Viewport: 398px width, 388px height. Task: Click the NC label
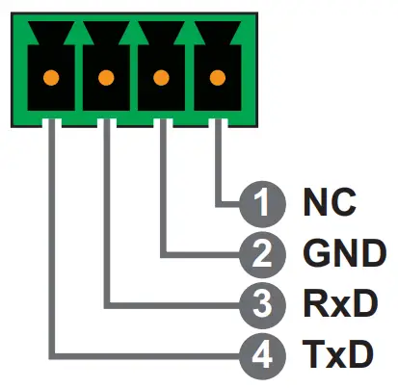pos(330,204)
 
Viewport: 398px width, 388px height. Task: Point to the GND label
pos(342,254)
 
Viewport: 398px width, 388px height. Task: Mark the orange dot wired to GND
pos(162,77)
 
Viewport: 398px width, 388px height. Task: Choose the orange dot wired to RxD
pos(106,77)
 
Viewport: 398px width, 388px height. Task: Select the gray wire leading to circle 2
pos(162,193)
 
